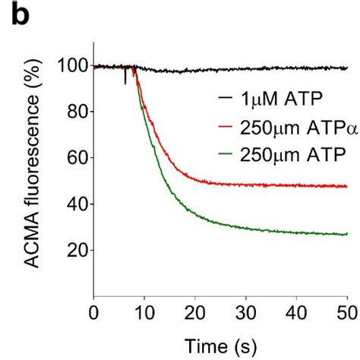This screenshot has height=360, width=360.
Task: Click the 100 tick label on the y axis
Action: (71, 67)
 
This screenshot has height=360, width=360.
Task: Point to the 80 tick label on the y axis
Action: (75, 113)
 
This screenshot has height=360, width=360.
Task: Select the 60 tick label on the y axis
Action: (75, 159)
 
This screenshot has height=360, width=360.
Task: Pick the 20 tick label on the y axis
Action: (75, 251)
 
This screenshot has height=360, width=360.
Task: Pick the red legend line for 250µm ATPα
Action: (225, 128)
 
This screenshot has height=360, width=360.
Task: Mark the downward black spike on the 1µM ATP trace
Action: (125, 77)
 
